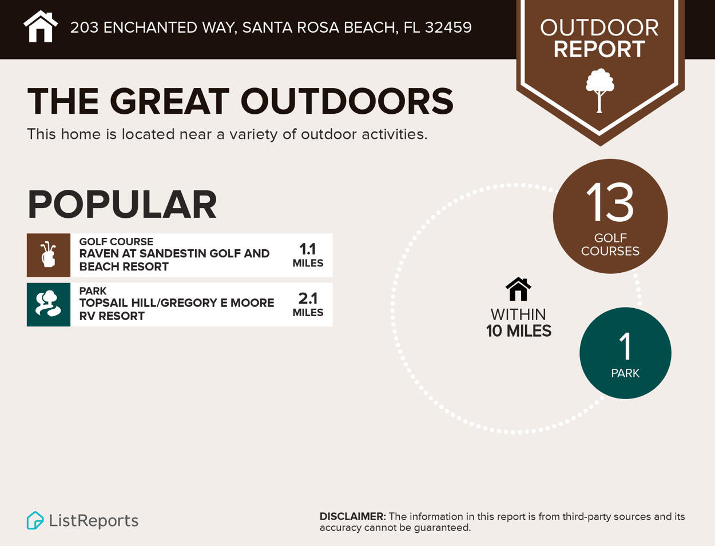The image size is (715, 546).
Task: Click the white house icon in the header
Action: (41, 27)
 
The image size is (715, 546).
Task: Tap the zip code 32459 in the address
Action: (448, 27)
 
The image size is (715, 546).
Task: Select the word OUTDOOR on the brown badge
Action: (599, 27)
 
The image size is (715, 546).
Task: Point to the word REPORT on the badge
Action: (599, 49)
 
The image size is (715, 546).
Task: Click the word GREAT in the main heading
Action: (169, 102)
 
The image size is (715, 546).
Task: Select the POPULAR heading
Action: (122, 205)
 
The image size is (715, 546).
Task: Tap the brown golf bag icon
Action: (49, 255)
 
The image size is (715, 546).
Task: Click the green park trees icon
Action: (49, 304)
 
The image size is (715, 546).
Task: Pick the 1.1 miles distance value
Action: (308, 249)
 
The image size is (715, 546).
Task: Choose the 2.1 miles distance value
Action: (308, 298)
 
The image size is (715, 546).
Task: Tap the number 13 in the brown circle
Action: (610, 203)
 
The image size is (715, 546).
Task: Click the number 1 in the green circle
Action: (625, 346)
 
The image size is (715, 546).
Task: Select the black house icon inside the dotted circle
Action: (518, 289)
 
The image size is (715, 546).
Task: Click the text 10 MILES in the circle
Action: (518, 331)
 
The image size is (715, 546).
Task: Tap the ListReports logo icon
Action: (35, 520)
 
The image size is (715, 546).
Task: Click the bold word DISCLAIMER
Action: (351, 516)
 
